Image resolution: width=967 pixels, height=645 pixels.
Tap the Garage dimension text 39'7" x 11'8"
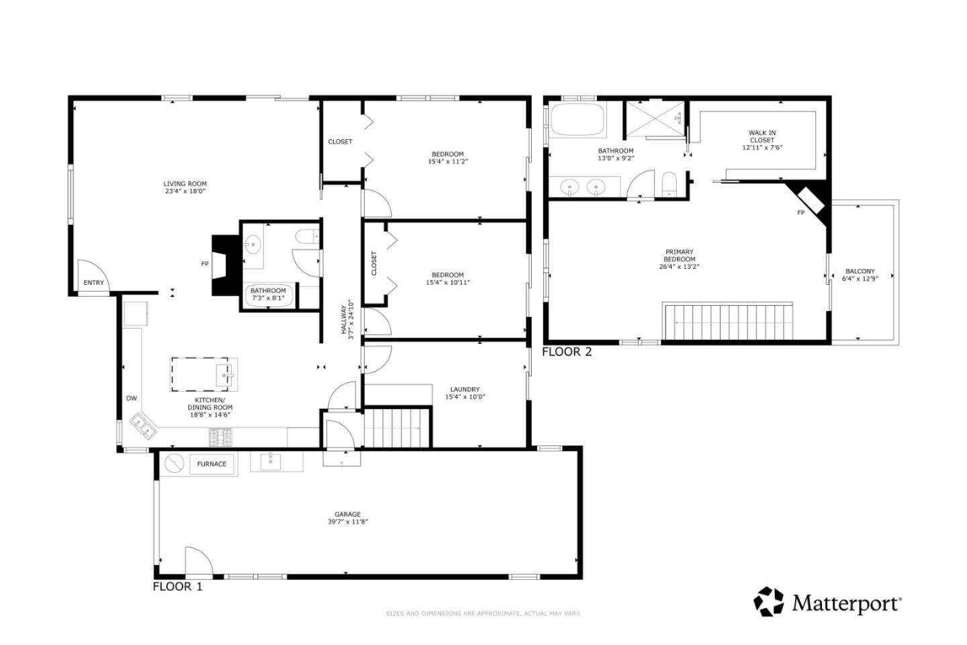347,521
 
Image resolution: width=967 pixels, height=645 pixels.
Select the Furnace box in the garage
212,464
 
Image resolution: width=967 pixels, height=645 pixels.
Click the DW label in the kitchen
132,398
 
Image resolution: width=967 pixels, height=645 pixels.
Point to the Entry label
93,283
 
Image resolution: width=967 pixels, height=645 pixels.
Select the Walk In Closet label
762,136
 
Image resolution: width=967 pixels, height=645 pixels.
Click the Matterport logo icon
768,601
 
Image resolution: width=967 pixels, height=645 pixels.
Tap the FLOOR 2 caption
567,351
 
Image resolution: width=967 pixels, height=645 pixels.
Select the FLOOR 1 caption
177,587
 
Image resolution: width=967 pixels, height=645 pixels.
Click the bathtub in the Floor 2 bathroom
577,122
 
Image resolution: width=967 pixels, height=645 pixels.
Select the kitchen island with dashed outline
203,374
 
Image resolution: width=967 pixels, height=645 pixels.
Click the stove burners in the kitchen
220,437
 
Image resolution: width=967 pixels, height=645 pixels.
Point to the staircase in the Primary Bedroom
728,322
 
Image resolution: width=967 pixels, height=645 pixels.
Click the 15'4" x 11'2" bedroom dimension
447,161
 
